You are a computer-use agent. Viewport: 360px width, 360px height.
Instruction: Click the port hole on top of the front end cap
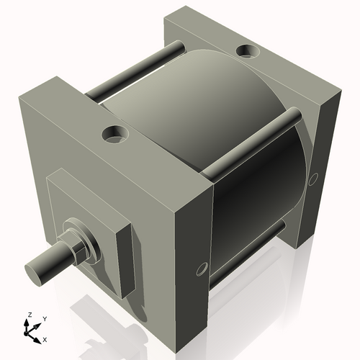114,133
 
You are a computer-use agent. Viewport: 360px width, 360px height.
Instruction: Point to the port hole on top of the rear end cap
247,51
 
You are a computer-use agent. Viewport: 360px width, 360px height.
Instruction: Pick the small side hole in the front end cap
201,269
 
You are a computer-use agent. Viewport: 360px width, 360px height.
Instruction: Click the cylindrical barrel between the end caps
216,122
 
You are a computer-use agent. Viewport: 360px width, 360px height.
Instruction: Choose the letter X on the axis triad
45,338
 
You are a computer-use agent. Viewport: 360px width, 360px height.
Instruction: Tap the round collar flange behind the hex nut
86,241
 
